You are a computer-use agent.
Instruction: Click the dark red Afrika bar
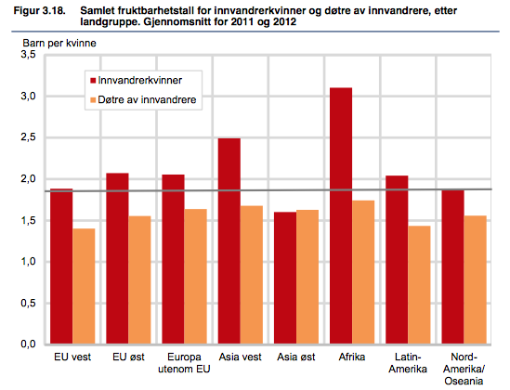pos(341,215)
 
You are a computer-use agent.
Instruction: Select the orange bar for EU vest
pos(84,286)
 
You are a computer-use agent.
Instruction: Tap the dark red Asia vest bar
pos(229,240)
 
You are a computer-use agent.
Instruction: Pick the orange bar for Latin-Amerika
pos(419,285)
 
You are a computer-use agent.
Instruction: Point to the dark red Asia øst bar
pos(285,278)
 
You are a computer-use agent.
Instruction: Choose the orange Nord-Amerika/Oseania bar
pos(476,279)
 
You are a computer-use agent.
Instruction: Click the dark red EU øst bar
pos(117,258)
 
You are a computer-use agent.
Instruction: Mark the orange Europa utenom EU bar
pos(195,277)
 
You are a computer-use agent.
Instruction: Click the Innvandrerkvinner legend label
pos(140,80)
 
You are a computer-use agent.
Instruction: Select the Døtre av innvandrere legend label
pos(147,99)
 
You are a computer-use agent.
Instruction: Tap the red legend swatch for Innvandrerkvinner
pos(93,80)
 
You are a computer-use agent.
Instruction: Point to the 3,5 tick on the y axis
pos(28,54)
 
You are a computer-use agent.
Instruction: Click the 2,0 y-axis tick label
pos(28,178)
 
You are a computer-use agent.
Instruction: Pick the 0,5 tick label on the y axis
pos(28,303)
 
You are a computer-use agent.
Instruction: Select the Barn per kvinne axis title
pos(59,44)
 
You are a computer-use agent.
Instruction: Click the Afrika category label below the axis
pos(352,357)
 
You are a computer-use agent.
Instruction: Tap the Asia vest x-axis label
pos(240,357)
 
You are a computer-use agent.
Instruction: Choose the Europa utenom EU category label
pos(184,363)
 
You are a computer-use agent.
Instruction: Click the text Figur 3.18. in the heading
pos(39,11)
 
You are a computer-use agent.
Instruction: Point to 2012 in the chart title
pos(284,21)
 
